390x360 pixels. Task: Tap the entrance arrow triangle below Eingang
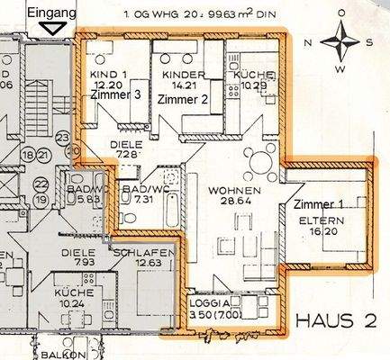click(55, 27)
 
